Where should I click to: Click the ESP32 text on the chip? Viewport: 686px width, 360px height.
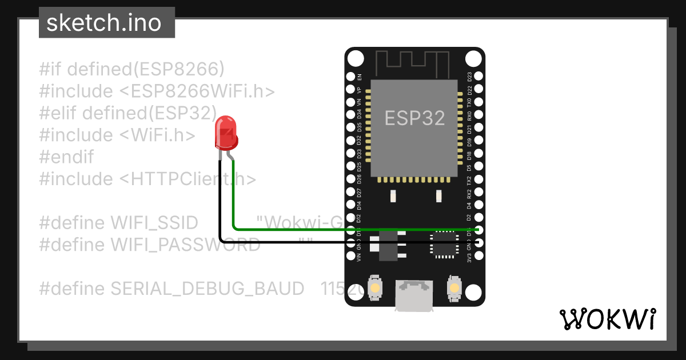414,118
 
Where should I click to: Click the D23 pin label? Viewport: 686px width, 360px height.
470,77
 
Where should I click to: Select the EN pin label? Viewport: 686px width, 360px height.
359,77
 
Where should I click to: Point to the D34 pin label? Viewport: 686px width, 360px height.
359,115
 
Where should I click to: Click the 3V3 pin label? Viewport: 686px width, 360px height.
470,257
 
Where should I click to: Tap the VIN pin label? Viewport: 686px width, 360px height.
359,257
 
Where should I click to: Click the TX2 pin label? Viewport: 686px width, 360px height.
470,180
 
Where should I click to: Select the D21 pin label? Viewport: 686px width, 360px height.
470,129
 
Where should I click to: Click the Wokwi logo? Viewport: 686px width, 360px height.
607,319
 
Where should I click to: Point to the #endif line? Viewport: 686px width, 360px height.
66,157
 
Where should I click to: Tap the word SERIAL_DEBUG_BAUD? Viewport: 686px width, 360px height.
208,289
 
